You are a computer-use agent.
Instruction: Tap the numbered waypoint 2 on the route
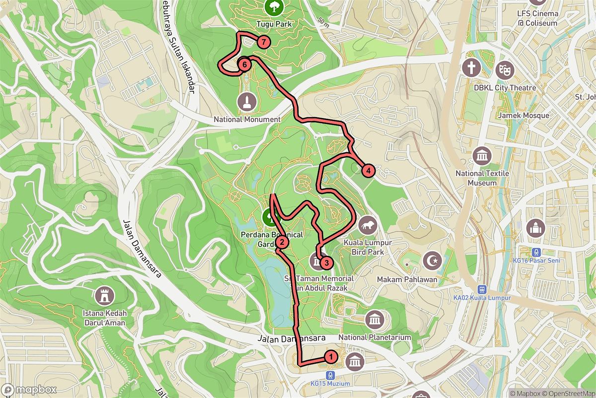tap(282, 242)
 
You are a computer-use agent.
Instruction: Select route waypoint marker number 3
tap(326, 262)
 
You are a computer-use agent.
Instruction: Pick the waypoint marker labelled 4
tap(368, 171)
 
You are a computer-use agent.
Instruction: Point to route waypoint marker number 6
tap(244, 64)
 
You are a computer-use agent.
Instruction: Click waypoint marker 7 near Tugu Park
tap(263, 42)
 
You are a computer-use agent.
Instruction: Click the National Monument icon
tap(247, 102)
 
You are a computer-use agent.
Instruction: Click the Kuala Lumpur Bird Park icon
tap(368, 226)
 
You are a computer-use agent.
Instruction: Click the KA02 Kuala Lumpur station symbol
tap(481, 289)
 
